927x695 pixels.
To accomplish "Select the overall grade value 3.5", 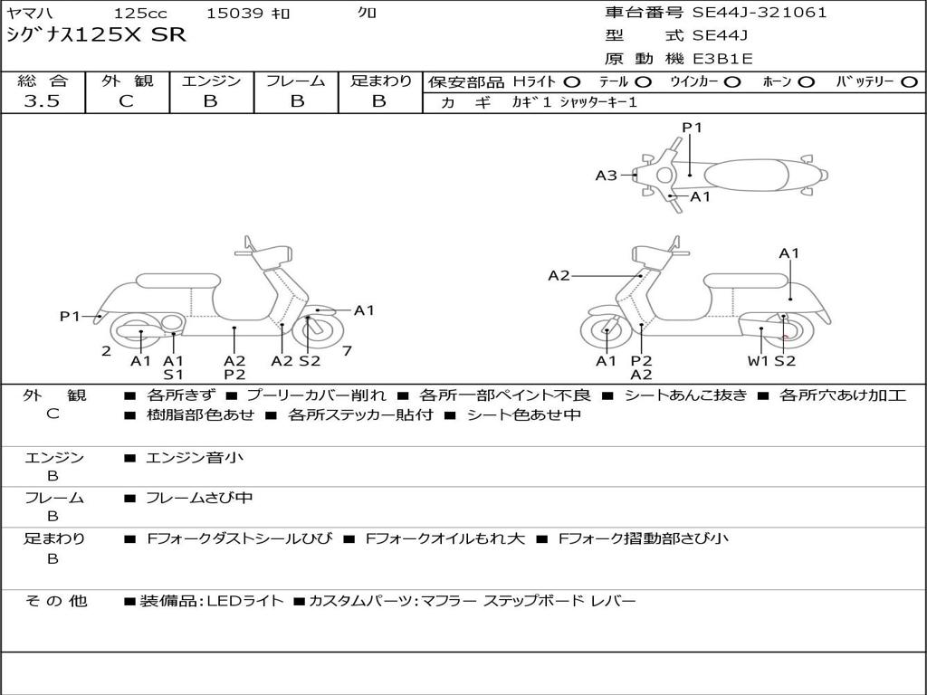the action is tap(42, 101).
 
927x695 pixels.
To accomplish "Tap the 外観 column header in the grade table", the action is tap(127, 81).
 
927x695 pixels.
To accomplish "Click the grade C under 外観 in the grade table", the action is tap(127, 101).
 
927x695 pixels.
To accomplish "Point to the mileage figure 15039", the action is tap(234, 14).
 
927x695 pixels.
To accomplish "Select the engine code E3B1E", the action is tap(722, 59).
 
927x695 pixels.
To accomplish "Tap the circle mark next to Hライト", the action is tap(572, 81).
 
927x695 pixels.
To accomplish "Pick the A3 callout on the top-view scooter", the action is tap(606, 176).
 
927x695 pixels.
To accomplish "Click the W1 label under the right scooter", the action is tap(758, 361).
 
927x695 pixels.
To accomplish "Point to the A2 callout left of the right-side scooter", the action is tap(559, 276).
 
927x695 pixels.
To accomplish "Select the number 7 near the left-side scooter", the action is tap(347, 350).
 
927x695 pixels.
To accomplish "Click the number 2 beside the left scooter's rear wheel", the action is tap(106, 350).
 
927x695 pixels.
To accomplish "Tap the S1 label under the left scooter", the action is tap(173, 375).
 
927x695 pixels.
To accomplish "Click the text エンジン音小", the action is tap(194, 458).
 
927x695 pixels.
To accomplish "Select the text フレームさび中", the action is tap(199, 498).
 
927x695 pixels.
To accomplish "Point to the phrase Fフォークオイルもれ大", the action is tap(444, 538).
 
